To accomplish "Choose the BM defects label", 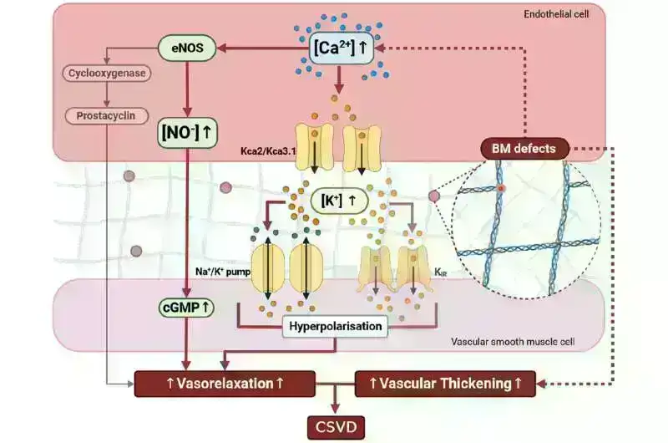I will click(524, 149).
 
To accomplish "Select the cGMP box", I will click(185, 308).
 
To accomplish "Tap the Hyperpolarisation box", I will click(336, 326).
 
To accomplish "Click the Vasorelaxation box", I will click(225, 384).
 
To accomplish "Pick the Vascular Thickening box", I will click(439, 384).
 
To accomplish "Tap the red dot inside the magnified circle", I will click(500, 189).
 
